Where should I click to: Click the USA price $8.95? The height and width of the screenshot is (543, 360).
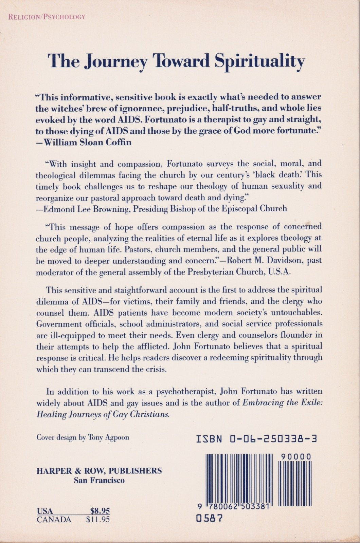pyautogui.click(x=100, y=511)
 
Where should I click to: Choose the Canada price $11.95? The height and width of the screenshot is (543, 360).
pyautogui.click(x=98, y=519)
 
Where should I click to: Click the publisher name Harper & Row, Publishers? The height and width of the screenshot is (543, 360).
pyautogui.click(x=99, y=471)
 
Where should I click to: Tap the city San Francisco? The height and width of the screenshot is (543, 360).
pyautogui.click(x=99, y=480)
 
